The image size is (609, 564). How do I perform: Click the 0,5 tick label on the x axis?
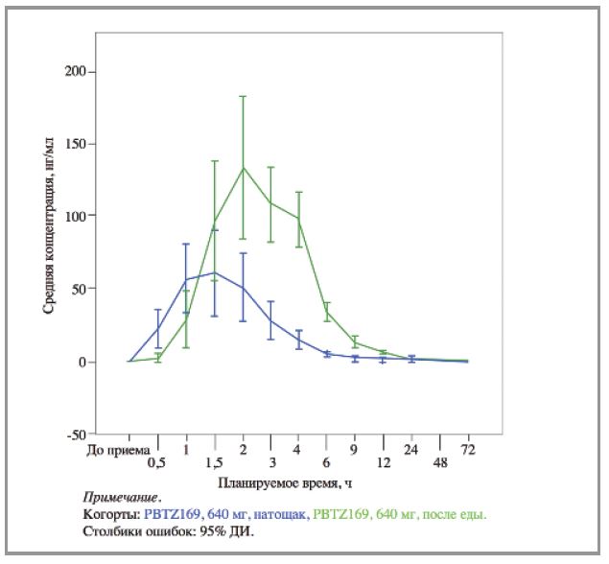coord(156,463)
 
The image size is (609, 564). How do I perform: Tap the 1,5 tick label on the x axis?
coord(213,463)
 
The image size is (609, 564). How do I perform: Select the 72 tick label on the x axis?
coord(468,448)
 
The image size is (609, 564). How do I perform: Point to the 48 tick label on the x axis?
coord(439,463)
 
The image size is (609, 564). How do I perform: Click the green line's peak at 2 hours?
coord(243,167)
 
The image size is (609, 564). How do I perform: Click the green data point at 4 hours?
coord(299,219)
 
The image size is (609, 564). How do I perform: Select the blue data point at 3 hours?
coord(270,320)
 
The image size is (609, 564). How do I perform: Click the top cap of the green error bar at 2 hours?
coord(243,96)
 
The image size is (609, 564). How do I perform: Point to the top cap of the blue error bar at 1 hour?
coord(186,244)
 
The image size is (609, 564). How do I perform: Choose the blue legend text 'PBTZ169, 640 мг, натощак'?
coord(226,514)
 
